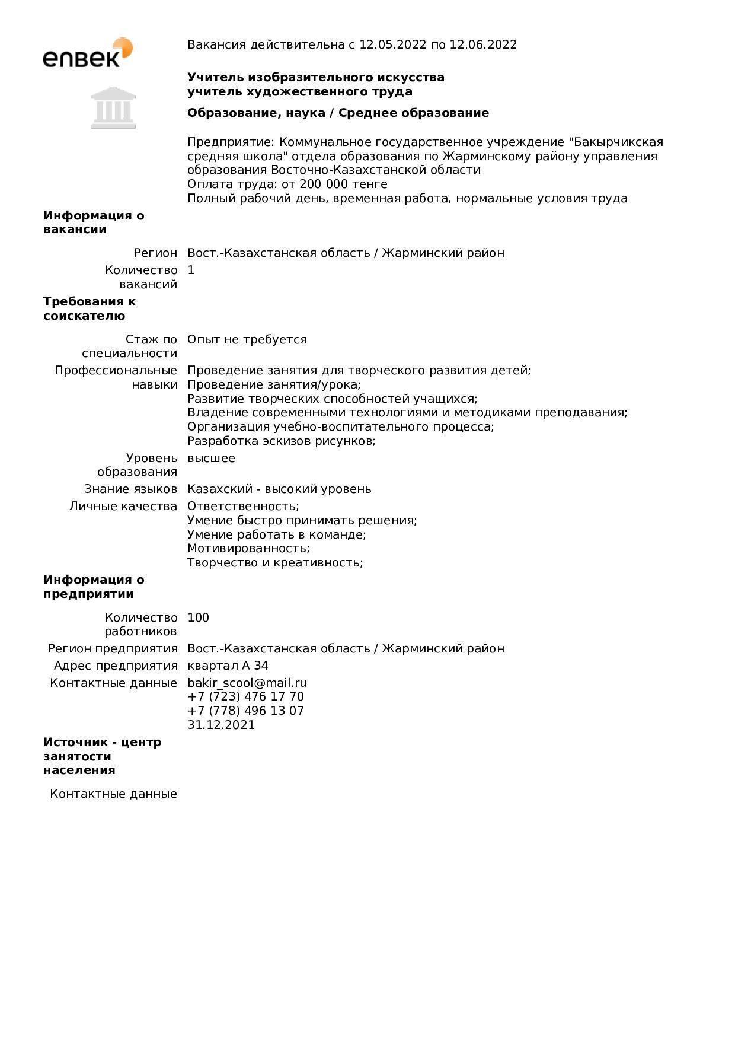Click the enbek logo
click(88, 53)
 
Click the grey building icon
click(113, 107)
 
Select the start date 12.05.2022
click(392, 44)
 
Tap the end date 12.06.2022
click(483, 44)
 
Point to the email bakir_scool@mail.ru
click(247, 683)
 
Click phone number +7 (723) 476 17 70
click(245, 696)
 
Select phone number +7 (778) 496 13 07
click(245, 711)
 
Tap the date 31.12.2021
click(221, 725)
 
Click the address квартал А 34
click(228, 666)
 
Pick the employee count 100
click(198, 617)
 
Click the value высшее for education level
click(211, 458)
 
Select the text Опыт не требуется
click(247, 339)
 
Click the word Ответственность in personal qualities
click(243, 506)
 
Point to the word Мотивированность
click(248, 548)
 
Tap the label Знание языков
click(130, 489)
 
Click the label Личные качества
click(123, 506)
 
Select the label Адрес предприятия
click(116, 666)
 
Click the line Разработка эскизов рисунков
click(281, 441)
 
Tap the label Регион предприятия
click(113, 648)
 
